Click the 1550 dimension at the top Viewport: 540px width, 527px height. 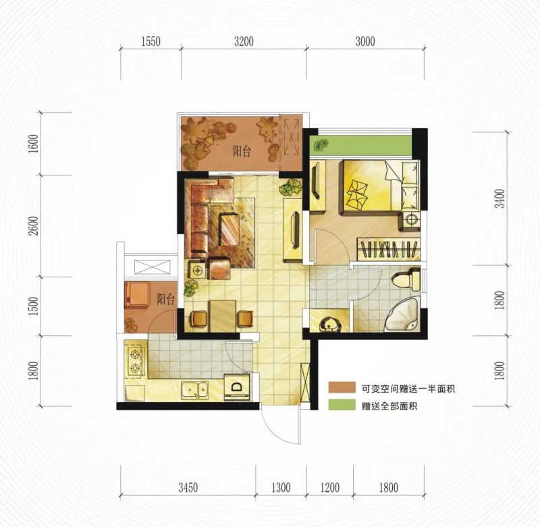tap(151, 42)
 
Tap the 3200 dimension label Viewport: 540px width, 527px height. tap(244, 42)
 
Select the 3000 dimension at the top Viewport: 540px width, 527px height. tap(365, 42)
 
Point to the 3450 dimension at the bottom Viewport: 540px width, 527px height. tap(188, 487)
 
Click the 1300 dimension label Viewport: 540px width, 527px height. tap(281, 487)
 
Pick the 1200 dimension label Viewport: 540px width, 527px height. tap(330, 487)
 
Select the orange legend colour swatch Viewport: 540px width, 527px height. tap(342, 387)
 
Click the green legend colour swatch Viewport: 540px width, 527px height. tap(342, 405)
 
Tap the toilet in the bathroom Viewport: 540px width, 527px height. tap(407, 279)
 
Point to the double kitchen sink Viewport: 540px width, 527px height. tap(195, 390)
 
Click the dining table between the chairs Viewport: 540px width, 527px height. tap(223, 316)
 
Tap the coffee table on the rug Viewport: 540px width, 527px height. tap(230, 229)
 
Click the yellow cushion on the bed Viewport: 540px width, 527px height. tap(357, 196)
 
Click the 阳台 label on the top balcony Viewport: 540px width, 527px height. tap(242, 151)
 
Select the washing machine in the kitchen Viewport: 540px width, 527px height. tap(237, 387)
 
